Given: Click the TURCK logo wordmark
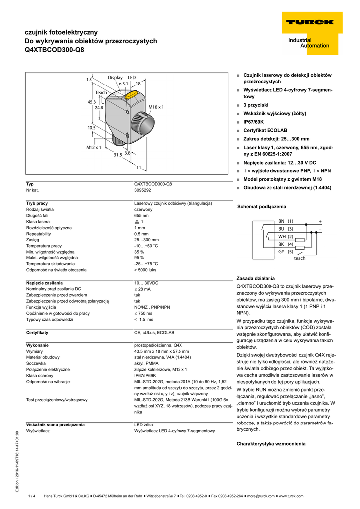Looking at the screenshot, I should (309, 22).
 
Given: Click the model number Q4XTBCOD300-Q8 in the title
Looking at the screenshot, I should (54, 50).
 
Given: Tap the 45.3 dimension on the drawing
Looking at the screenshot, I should (91, 102).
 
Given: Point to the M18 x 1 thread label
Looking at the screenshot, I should (156, 107).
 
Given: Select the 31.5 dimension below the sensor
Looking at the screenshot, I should (117, 155).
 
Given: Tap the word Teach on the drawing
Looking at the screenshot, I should (101, 93).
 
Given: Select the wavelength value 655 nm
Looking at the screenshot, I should (141, 215).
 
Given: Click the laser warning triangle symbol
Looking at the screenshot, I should (137, 222).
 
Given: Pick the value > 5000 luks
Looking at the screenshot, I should (145, 270).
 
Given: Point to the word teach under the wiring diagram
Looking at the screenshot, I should (300, 258).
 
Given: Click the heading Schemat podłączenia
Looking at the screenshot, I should (262, 206).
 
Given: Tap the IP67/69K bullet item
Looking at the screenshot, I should (253, 122).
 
